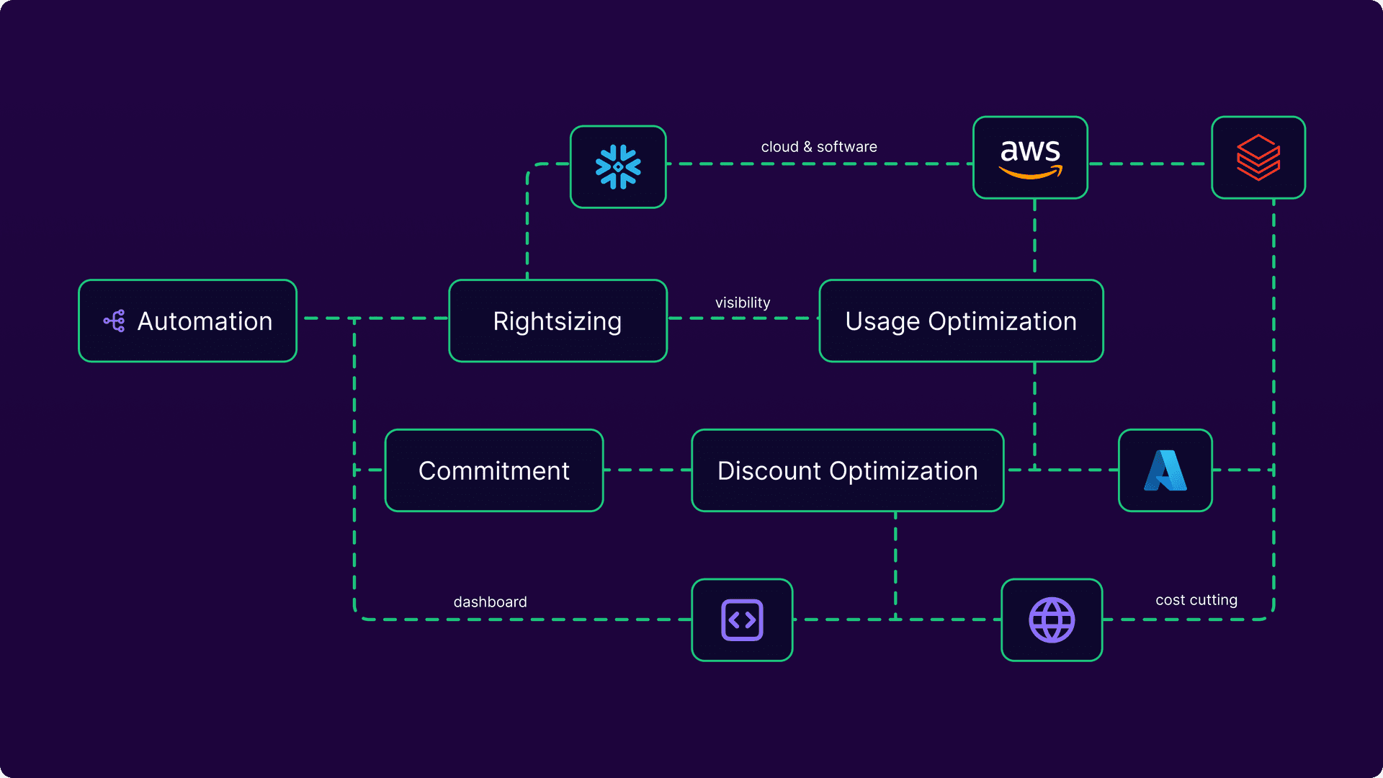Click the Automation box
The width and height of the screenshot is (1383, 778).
187,321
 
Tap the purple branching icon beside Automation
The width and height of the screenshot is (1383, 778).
115,321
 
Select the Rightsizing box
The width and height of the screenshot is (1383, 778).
558,321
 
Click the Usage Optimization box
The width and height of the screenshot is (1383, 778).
961,321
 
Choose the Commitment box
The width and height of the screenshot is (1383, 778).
494,471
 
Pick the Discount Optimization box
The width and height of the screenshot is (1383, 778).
847,471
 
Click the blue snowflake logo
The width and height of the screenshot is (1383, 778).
618,167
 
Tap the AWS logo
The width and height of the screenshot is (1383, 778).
1030,158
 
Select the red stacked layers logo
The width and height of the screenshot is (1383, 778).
1258,158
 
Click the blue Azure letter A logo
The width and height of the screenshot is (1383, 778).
1165,471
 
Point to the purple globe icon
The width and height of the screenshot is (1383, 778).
1052,620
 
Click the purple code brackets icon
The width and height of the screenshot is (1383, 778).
742,620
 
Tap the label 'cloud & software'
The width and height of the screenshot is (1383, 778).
819,147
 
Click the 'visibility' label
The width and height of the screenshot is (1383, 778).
743,303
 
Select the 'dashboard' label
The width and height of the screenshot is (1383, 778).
490,602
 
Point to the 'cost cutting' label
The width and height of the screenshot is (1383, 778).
1196,600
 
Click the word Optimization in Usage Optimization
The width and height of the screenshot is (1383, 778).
1002,321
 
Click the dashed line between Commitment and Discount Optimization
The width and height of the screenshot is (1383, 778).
647,470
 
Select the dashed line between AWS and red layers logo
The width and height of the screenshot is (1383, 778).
1150,164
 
